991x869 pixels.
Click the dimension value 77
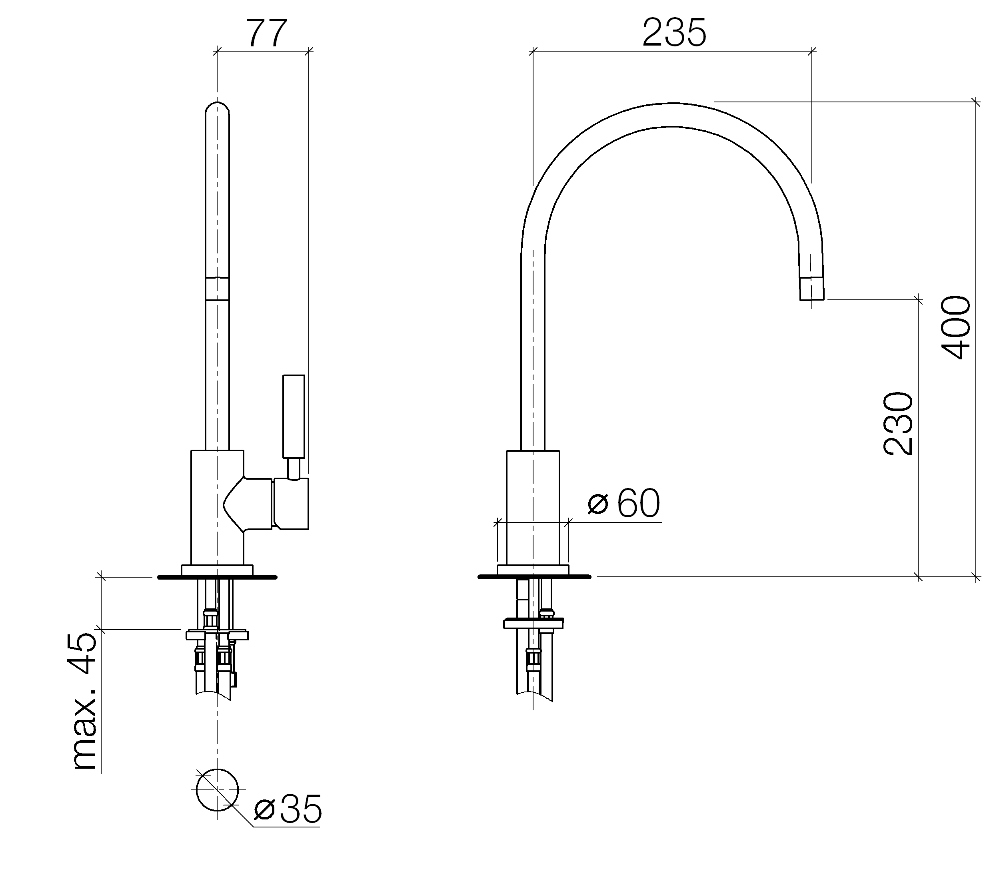coord(267,33)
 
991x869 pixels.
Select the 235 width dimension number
coord(674,33)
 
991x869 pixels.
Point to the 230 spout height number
coord(898,424)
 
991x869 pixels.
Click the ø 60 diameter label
coord(624,503)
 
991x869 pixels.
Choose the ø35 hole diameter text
coord(288,809)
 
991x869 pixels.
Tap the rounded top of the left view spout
coord(217,110)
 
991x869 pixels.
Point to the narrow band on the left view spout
coord(217,289)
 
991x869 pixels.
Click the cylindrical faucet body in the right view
coord(533,508)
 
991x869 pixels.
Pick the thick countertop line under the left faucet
coord(217,577)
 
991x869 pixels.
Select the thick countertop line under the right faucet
coord(534,577)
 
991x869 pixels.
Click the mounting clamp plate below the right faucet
coord(533,623)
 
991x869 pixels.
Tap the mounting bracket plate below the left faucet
coord(217,634)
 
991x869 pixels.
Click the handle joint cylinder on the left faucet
coord(291,504)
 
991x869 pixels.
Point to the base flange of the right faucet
coord(533,570)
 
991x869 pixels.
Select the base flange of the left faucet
coord(217,570)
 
